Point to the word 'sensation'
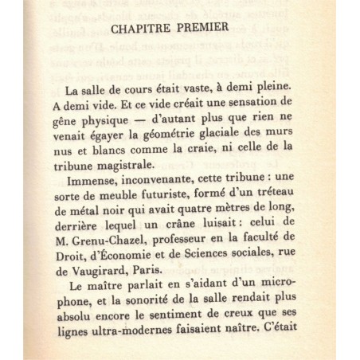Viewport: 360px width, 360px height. [276, 113]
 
